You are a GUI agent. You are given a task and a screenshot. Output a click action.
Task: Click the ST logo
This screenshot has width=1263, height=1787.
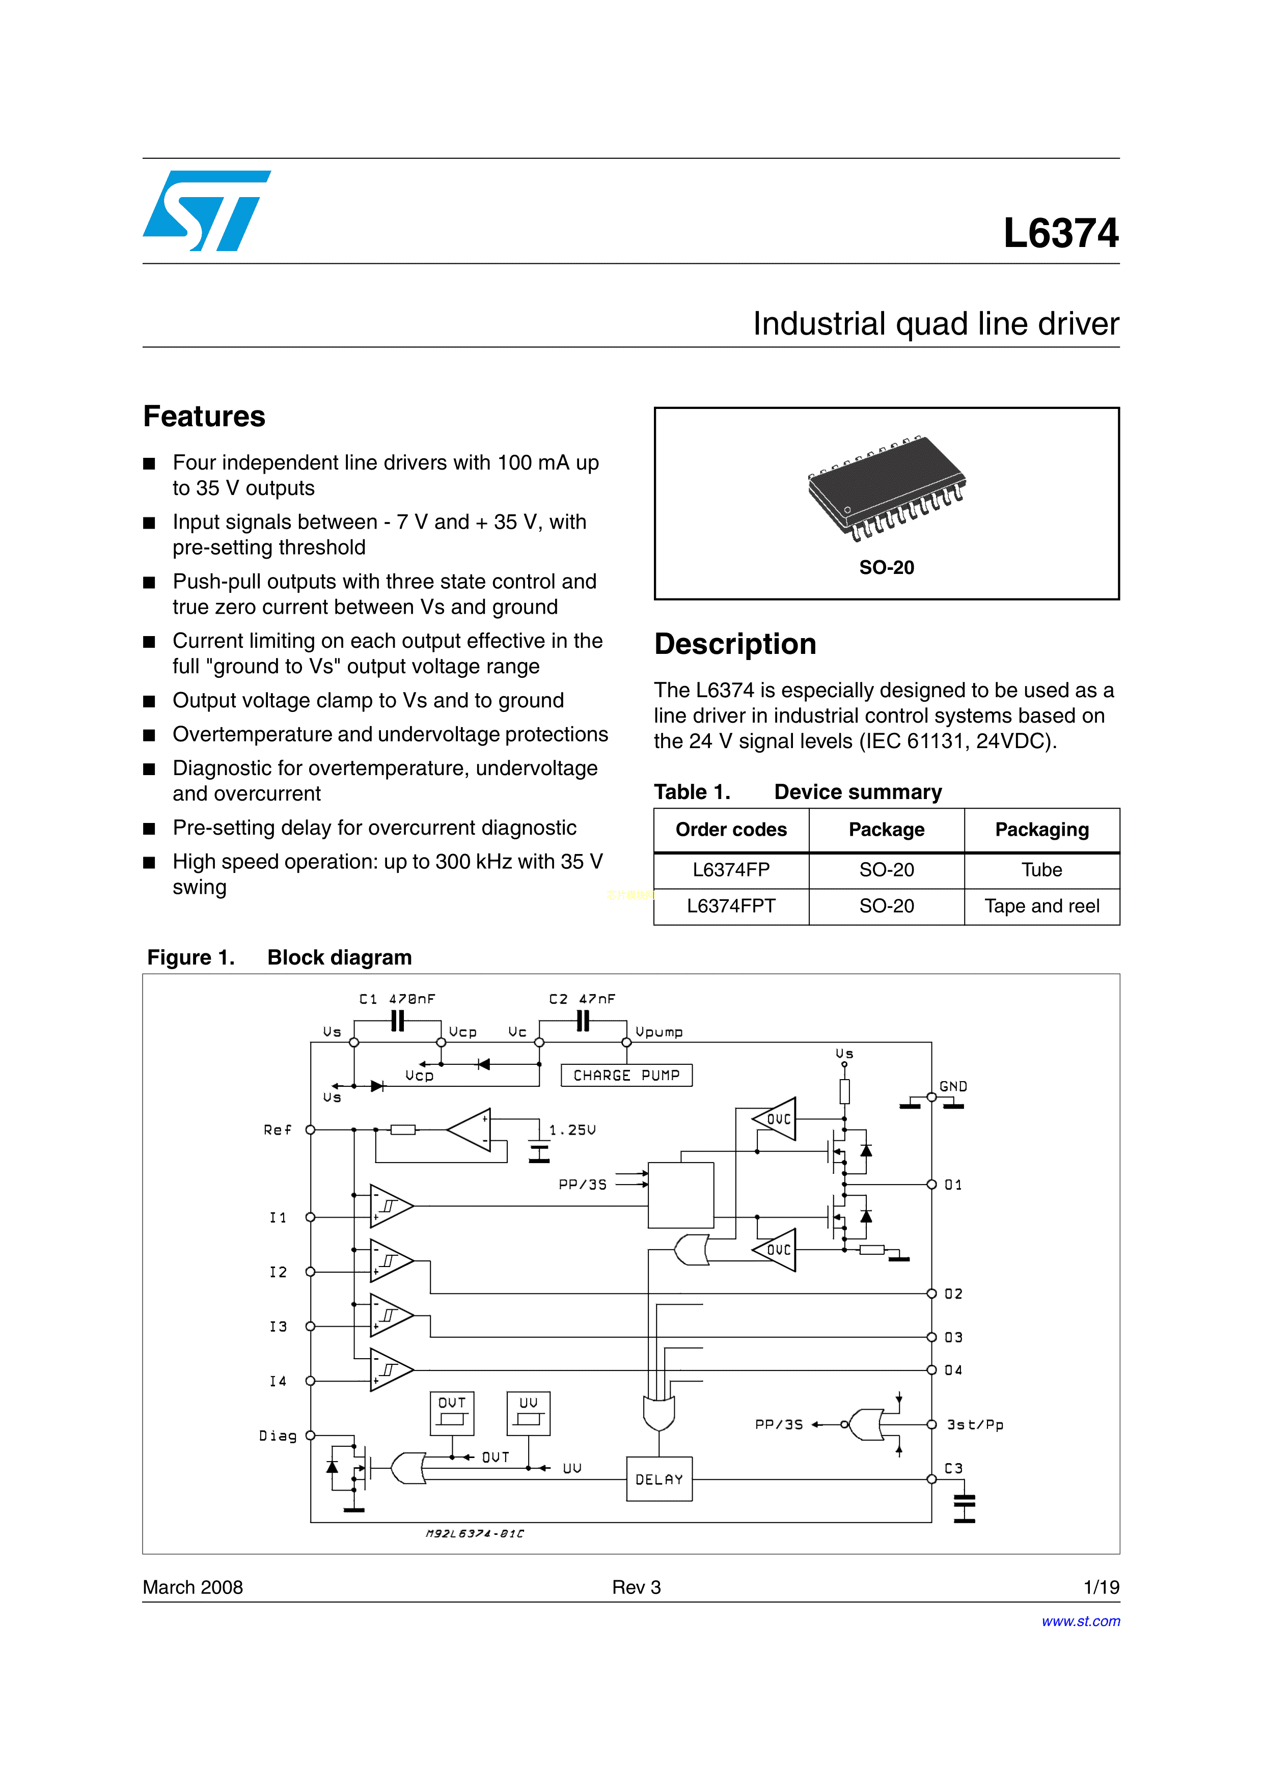click(x=206, y=211)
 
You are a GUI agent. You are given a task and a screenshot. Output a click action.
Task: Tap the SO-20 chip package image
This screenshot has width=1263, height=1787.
click(x=886, y=488)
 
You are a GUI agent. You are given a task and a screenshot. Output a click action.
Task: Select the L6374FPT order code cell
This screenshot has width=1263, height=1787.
click(x=731, y=906)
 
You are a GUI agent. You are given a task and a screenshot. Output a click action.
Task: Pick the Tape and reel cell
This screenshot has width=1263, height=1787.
click(x=1041, y=906)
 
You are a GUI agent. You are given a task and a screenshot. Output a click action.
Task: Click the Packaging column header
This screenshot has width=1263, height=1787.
click(x=1041, y=830)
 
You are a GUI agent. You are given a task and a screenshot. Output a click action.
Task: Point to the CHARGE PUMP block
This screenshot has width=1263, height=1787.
click(x=626, y=1075)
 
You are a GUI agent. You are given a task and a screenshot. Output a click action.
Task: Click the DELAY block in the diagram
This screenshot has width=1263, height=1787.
click(x=659, y=1479)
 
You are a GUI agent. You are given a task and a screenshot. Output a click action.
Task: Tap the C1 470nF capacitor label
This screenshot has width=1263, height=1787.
click(x=397, y=999)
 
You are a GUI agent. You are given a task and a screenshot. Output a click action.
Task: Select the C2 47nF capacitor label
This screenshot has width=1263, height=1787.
click(x=582, y=999)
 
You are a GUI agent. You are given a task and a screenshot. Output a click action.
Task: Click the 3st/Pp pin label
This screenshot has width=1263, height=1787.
click(x=975, y=1424)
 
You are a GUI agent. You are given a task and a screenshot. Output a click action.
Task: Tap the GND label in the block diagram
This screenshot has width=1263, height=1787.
click(x=953, y=1086)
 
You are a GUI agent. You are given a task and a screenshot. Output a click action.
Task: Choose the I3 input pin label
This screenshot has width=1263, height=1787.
click(x=278, y=1326)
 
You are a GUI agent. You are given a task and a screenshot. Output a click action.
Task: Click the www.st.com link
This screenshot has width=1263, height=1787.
click(x=1080, y=1621)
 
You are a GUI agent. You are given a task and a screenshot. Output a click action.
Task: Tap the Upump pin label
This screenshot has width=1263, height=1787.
click(x=659, y=1032)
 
